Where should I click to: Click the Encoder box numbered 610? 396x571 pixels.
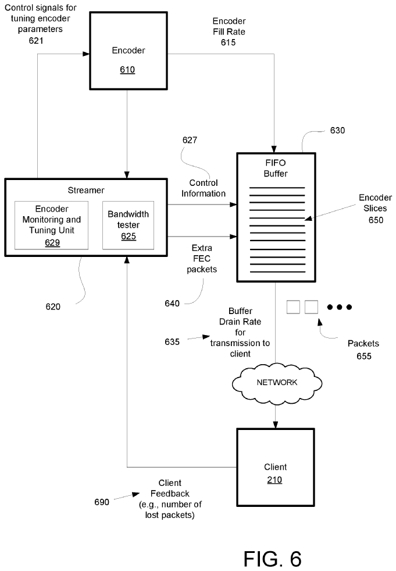click(x=127, y=58)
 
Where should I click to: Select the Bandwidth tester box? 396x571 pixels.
click(x=128, y=225)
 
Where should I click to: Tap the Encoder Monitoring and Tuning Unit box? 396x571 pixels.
click(x=52, y=225)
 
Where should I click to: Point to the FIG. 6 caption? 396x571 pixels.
click(x=272, y=558)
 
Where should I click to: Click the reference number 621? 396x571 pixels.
click(x=35, y=41)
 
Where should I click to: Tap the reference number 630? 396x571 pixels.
click(x=337, y=131)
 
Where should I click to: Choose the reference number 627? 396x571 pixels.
click(x=189, y=140)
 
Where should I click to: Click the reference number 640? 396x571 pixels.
click(x=172, y=302)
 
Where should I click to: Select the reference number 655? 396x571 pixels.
click(x=363, y=355)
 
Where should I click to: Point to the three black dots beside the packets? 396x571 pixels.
click(x=340, y=306)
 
